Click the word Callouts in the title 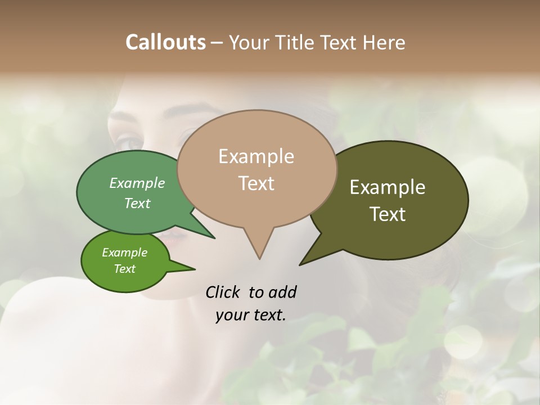(165, 42)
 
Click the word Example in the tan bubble (256, 156)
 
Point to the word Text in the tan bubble (256, 183)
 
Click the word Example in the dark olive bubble (388, 187)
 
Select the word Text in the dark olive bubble (388, 214)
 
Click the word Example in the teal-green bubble (137, 183)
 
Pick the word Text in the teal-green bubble (137, 203)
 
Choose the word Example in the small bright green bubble (124, 253)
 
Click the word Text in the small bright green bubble (124, 269)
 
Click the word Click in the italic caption (223, 292)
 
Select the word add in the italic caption (282, 292)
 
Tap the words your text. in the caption (250, 315)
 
